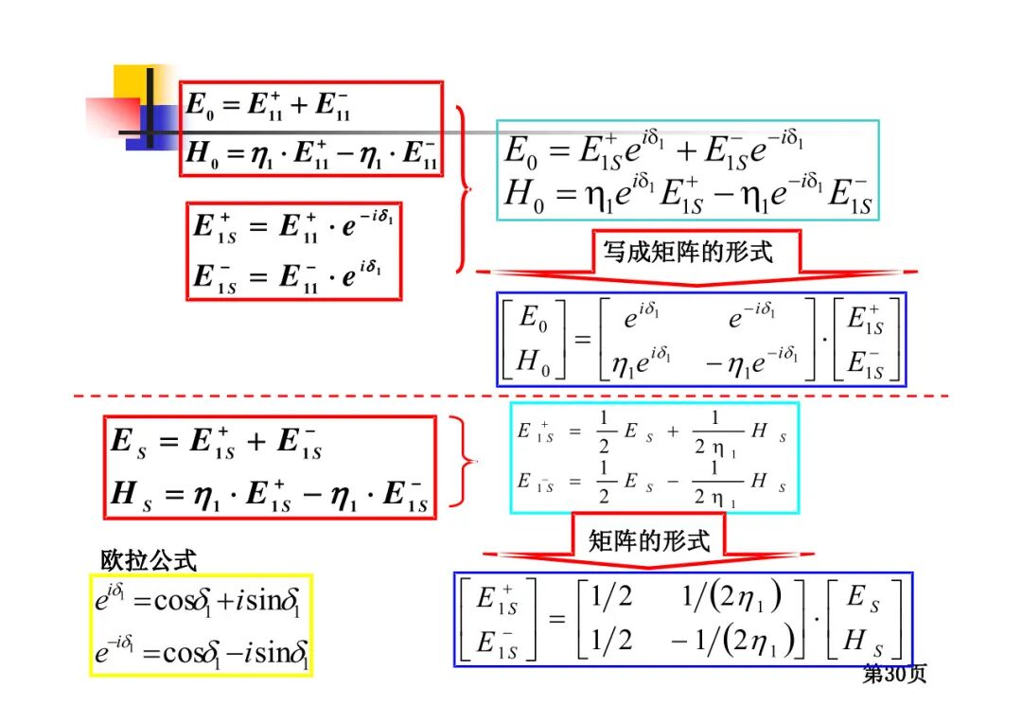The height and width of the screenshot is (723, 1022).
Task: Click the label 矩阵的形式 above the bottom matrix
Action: [648, 540]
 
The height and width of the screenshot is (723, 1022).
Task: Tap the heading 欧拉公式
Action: [149, 560]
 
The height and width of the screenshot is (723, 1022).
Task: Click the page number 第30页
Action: [893, 674]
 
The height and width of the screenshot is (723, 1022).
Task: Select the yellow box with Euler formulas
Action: [201, 625]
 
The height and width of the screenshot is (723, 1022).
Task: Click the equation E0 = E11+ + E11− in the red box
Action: [269, 104]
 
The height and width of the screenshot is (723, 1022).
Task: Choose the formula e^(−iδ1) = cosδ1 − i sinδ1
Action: [201, 652]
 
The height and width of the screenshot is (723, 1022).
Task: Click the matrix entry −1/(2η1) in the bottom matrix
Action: [727, 641]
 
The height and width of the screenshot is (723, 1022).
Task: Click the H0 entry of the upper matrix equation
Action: [533, 361]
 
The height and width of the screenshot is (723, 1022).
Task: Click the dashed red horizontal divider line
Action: [511, 396]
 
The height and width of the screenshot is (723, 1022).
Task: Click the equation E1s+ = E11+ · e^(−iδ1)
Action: [293, 227]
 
